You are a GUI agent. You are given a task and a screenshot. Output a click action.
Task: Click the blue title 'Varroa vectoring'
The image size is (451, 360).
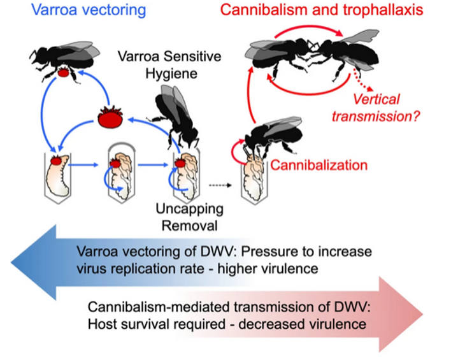point(89,10)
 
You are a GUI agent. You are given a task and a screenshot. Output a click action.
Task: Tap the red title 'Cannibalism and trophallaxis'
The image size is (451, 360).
point(322,10)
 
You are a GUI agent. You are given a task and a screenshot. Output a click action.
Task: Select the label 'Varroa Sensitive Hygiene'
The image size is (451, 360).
point(169,65)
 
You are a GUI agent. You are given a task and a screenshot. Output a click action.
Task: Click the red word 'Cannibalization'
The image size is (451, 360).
point(319,165)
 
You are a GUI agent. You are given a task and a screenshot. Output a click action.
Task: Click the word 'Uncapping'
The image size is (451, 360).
point(190,210)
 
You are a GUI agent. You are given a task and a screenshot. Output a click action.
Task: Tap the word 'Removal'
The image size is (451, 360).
point(189,226)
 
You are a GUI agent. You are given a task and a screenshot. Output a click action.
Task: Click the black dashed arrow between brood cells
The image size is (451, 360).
point(220,185)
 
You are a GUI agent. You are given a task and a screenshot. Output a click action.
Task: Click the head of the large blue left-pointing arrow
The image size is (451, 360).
point(34,262)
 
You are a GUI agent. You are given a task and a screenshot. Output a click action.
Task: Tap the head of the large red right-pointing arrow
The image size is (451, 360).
point(401,314)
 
